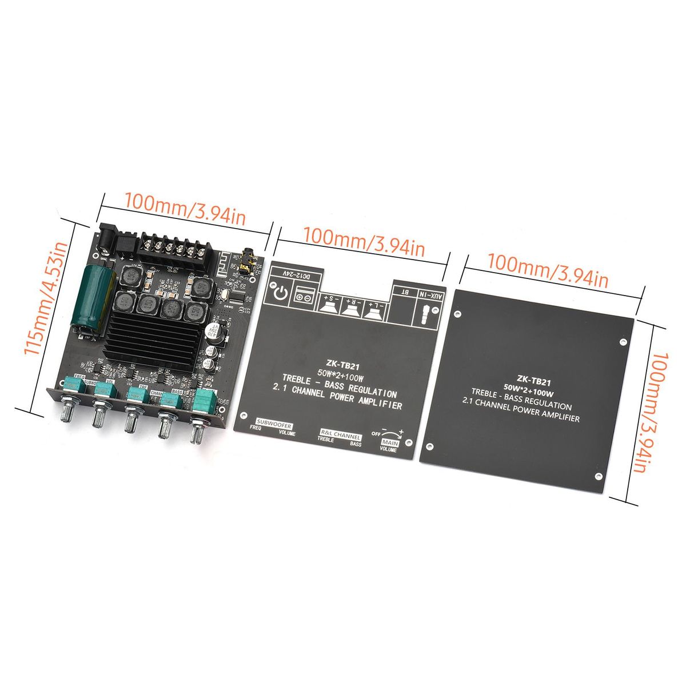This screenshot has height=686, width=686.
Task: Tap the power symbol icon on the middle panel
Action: pos(280,294)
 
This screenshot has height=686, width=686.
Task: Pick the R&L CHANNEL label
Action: pos(340,434)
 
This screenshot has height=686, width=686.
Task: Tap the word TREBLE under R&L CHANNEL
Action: pos(325,440)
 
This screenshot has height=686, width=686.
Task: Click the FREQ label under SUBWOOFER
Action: pos(255,426)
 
